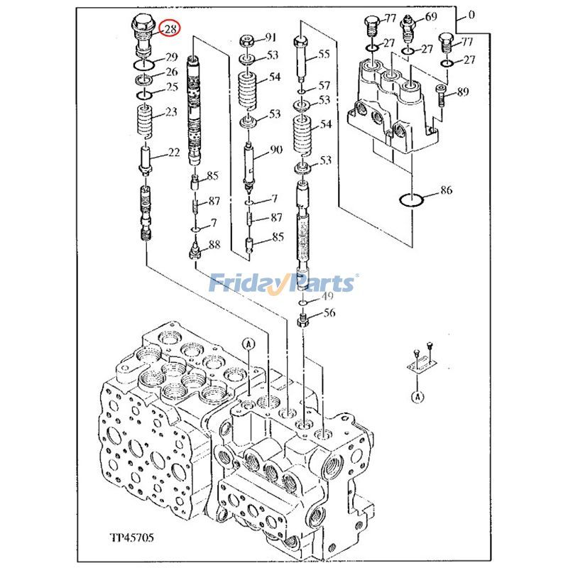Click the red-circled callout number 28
(x=170, y=29)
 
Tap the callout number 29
(x=171, y=58)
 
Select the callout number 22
(x=173, y=153)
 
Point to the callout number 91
(x=271, y=37)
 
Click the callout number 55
(x=324, y=54)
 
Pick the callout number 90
(x=275, y=151)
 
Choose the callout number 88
(x=214, y=245)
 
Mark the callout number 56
(x=329, y=313)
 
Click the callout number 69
(x=431, y=16)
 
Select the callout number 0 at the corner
(x=471, y=14)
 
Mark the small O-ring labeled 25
(x=144, y=94)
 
